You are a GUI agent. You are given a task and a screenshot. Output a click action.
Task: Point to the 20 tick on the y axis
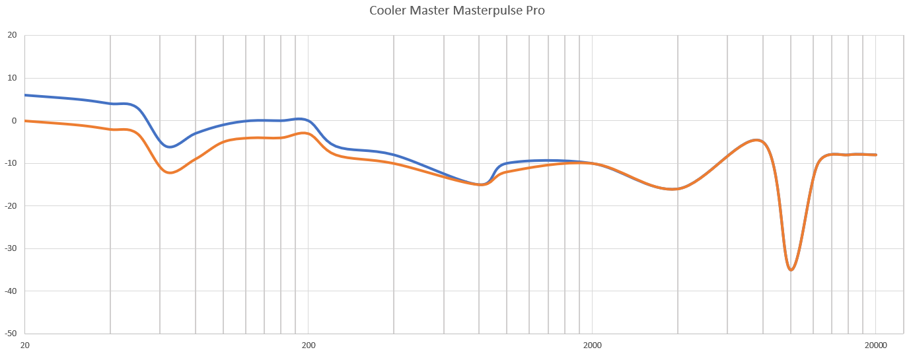click(x=12, y=36)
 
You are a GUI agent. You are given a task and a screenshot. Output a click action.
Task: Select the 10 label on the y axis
click(x=12, y=78)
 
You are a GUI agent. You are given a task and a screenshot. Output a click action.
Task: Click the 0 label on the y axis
click(x=14, y=121)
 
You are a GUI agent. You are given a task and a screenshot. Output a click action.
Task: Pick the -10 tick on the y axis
click(x=11, y=163)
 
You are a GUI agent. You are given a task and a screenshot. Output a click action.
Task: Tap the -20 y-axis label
click(x=11, y=206)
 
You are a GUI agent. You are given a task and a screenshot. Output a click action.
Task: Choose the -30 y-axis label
click(x=11, y=248)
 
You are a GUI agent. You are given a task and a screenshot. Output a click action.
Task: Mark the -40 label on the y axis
click(x=11, y=291)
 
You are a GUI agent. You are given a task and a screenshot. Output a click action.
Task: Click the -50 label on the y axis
click(x=11, y=334)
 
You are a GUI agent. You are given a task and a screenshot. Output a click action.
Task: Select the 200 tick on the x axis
click(x=309, y=345)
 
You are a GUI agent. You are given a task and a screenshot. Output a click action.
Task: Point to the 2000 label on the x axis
click(x=593, y=345)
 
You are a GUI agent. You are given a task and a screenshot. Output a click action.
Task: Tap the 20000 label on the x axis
click(x=876, y=345)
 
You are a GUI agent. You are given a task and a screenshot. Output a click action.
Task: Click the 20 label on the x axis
click(x=25, y=345)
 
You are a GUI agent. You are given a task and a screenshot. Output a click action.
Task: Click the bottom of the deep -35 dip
click(x=791, y=270)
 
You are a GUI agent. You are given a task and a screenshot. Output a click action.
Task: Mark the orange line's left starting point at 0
click(x=25, y=121)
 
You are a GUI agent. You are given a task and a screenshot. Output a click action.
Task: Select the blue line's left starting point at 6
click(x=25, y=95)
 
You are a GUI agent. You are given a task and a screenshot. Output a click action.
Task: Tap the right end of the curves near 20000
click(x=876, y=155)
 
